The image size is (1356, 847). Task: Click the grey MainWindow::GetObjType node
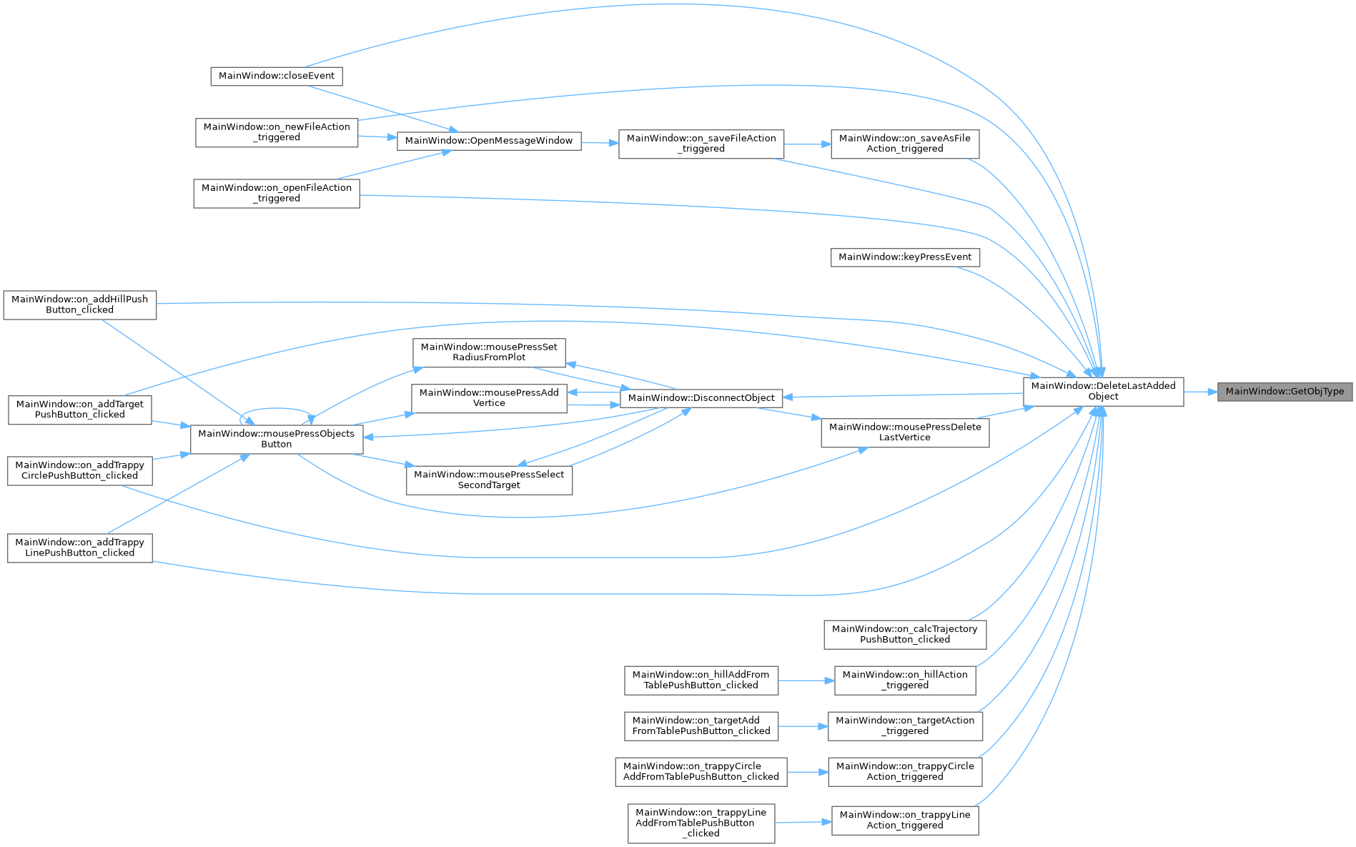[x=1285, y=392]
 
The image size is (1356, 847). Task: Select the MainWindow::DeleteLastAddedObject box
[x=1103, y=392]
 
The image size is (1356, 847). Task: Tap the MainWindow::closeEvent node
[x=277, y=76]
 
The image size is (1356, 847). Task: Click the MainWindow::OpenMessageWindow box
[x=489, y=141]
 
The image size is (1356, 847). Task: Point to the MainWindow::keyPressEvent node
[x=905, y=257]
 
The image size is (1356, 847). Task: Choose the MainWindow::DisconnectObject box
[x=701, y=398]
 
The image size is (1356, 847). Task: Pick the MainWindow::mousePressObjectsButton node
[x=277, y=439]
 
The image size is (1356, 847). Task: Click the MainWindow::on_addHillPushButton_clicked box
[x=80, y=304]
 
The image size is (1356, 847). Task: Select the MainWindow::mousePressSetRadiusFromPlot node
[x=489, y=352]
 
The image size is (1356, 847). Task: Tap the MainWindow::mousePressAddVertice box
[x=489, y=398]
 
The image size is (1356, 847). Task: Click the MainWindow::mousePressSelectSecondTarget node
[x=489, y=480]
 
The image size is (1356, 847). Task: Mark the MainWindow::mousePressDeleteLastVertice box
[x=905, y=432]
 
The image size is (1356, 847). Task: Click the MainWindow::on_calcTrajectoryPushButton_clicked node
[x=905, y=635]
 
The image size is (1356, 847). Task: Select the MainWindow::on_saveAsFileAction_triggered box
[x=905, y=144]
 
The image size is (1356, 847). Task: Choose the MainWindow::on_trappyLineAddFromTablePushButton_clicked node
[x=701, y=823]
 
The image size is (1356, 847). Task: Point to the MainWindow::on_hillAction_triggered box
[x=905, y=680]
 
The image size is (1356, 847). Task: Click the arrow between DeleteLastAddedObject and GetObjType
[x=1201, y=392]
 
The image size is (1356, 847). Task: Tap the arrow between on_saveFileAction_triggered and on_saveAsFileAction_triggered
[x=808, y=144]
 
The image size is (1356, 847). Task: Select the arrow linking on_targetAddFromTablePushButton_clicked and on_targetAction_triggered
[x=803, y=726]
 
